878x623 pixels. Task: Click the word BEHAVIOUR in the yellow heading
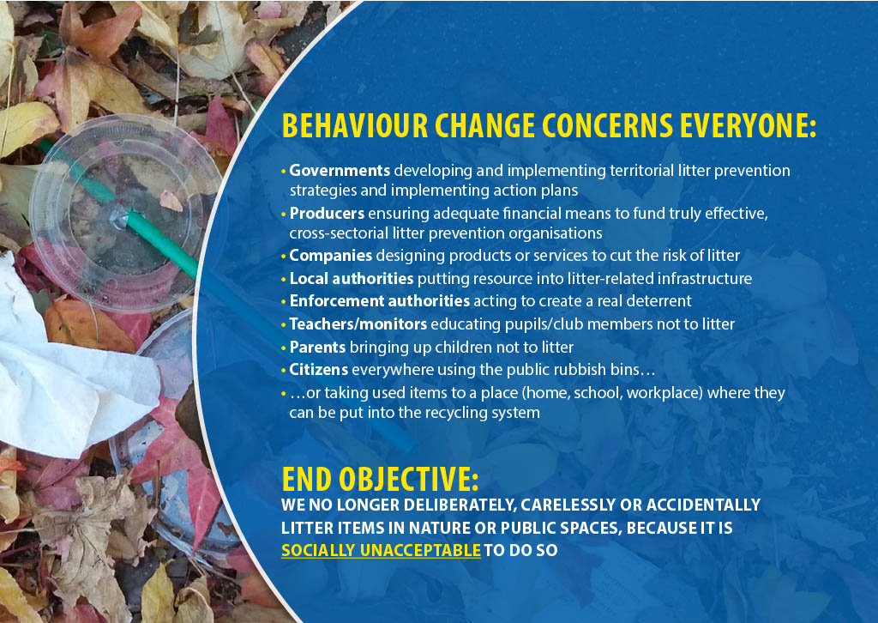(355, 125)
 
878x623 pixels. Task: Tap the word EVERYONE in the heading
(748, 125)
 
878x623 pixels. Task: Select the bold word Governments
(340, 170)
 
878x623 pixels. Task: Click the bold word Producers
(327, 214)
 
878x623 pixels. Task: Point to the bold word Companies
(330, 256)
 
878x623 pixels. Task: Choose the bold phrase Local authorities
(351, 278)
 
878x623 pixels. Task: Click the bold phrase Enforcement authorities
(379, 301)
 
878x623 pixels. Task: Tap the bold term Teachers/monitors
(358, 324)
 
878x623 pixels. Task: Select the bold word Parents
(317, 348)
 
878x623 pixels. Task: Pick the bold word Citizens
(319, 370)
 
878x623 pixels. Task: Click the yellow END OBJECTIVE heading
(380, 479)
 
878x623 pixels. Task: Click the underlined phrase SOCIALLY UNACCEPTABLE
(381, 550)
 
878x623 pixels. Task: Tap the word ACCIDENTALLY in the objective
(703, 505)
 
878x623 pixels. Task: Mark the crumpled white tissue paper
(67, 370)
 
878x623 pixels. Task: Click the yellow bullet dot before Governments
(284, 171)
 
